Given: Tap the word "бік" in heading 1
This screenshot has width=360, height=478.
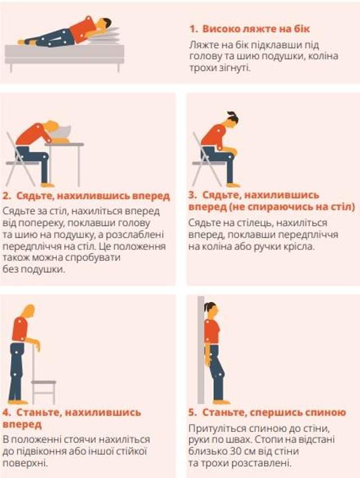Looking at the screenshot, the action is click(301, 29).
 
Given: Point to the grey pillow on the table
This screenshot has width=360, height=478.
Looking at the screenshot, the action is click(62, 133).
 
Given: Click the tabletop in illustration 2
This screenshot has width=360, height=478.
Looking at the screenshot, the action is click(64, 144).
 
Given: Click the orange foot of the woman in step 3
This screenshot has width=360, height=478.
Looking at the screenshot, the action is click(232, 184).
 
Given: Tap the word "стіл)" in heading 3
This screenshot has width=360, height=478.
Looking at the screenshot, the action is click(343, 207).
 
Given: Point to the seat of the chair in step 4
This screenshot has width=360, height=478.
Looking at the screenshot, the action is click(43, 382).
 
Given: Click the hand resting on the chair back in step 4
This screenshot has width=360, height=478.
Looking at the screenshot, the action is click(37, 345).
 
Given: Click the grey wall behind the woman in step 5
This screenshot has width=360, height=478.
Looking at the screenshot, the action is click(201, 350).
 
